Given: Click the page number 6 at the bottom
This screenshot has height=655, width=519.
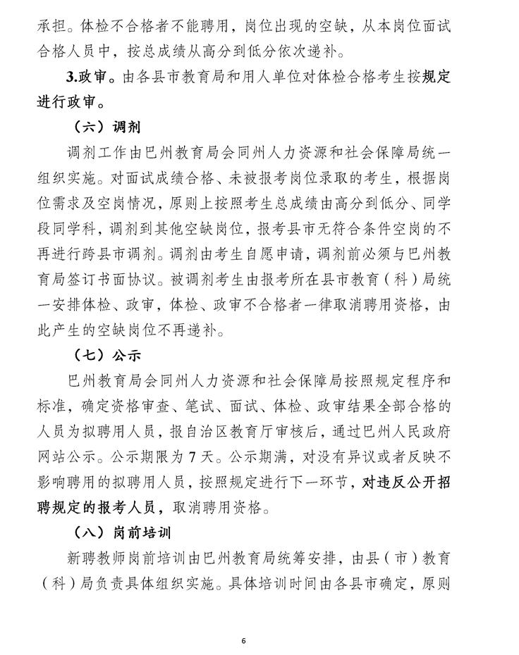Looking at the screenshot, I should pyautogui.click(x=243, y=641).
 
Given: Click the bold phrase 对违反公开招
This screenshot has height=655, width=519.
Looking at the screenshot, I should pyautogui.click(x=405, y=482).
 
